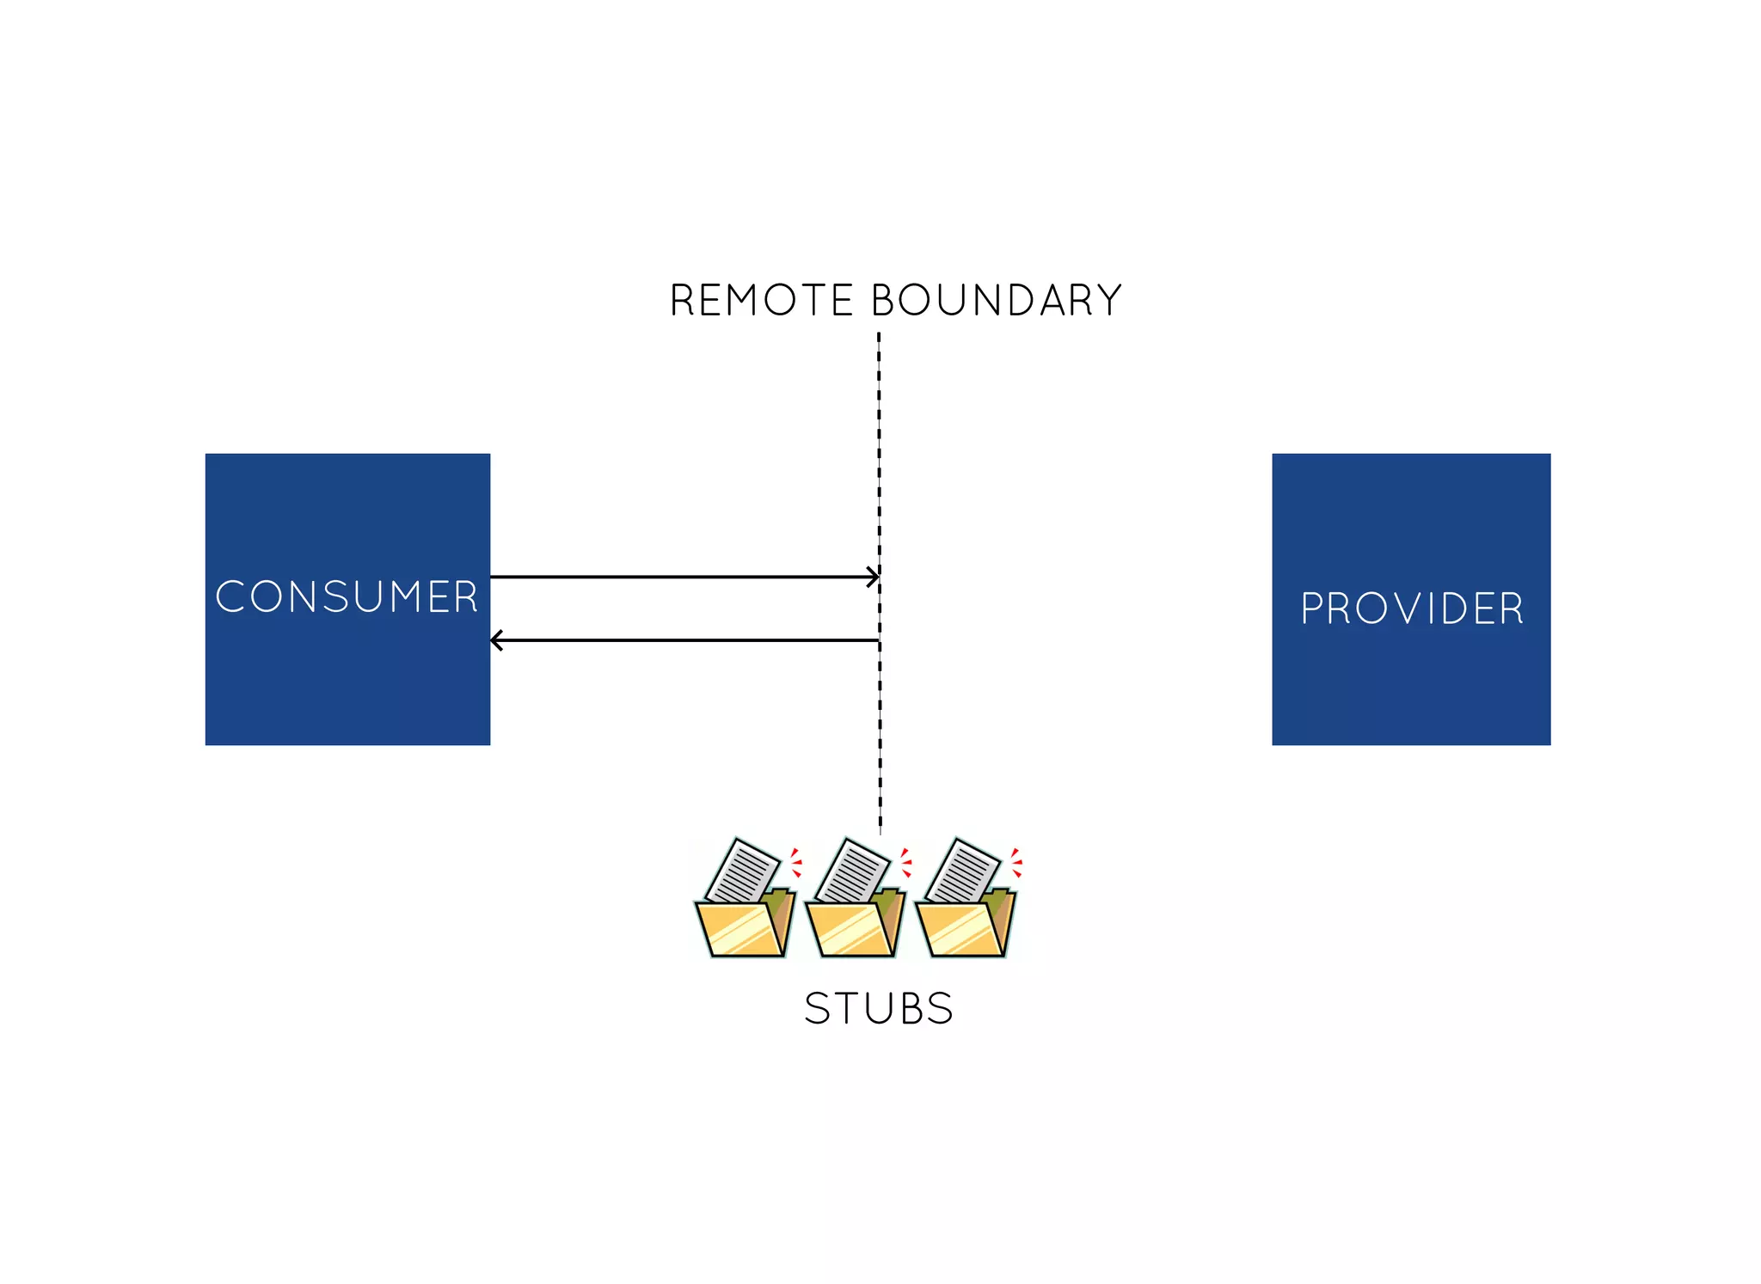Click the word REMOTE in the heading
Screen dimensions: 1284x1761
[x=760, y=301]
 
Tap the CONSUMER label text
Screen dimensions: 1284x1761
[x=347, y=597]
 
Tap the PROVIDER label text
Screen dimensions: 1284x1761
[x=1412, y=609]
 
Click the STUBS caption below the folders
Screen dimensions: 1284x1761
[x=879, y=1009]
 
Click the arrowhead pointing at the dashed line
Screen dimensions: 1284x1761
[x=874, y=577]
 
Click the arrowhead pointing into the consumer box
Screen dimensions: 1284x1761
[x=496, y=640]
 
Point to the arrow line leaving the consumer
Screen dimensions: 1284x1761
[x=679, y=577]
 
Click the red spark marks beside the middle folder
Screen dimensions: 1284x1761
[x=905, y=862]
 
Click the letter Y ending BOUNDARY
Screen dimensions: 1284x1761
[x=1109, y=301]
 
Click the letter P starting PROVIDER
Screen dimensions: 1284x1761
[x=1311, y=609]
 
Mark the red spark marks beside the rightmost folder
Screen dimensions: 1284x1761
[x=1016, y=862]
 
